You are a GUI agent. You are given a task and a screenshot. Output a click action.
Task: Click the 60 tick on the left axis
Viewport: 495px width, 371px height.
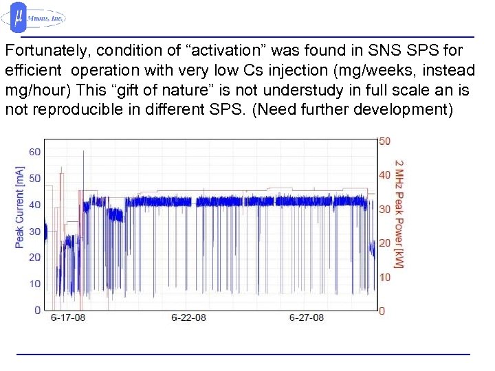pyautogui.click(x=34, y=152)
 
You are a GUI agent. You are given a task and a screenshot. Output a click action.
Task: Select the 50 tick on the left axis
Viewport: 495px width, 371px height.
pyautogui.click(x=34, y=179)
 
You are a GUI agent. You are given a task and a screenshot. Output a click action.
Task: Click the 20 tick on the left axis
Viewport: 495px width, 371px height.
pyautogui.click(x=34, y=258)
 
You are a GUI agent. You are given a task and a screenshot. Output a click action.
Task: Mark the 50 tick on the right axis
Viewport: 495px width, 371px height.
pyautogui.click(x=385, y=141)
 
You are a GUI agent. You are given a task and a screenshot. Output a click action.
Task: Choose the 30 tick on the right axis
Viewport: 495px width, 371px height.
pyautogui.click(x=385, y=209)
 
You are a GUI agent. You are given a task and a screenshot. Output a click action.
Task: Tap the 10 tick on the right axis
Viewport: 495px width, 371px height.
pyautogui.click(x=385, y=277)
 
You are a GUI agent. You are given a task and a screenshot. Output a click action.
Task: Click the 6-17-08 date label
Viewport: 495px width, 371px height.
pyautogui.click(x=68, y=318)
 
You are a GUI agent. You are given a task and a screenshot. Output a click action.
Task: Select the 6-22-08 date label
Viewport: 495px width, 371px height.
pyautogui.click(x=188, y=318)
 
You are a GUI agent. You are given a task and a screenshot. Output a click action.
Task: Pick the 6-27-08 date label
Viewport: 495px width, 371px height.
pyautogui.click(x=307, y=318)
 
